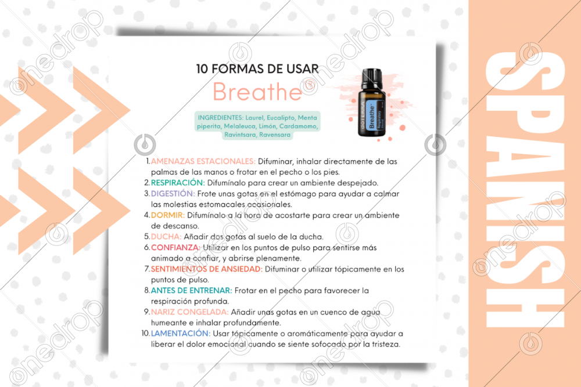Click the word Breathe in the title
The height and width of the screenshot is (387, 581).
(x=257, y=92)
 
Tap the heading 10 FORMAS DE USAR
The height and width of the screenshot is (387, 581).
(x=257, y=68)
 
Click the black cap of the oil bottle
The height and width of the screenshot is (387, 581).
(x=372, y=79)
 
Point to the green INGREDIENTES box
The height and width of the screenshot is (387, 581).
(x=257, y=126)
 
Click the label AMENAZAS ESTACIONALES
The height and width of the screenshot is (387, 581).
(x=203, y=161)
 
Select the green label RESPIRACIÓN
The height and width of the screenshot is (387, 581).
(x=178, y=183)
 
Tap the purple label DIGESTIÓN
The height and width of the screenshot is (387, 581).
(x=173, y=194)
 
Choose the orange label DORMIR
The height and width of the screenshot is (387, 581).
(x=167, y=215)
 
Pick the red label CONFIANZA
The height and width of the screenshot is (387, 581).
(x=175, y=247)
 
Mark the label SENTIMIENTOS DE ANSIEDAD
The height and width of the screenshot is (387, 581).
(x=206, y=269)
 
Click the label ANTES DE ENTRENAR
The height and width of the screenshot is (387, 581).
(x=191, y=291)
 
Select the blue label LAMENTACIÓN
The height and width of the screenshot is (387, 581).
(x=181, y=334)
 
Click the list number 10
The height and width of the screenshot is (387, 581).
(x=145, y=334)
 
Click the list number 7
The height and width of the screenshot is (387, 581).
(x=147, y=269)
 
